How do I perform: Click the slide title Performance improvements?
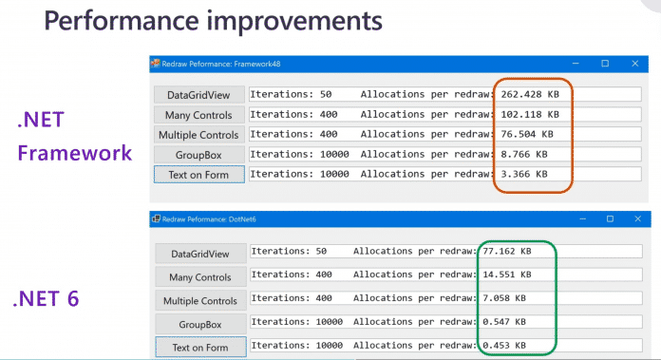tap(203, 21)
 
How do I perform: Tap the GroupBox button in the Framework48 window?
tap(198, 154)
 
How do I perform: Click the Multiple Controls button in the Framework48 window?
tap(198, 134)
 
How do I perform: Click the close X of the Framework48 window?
tap(634, 64)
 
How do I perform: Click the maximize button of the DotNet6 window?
tap(605, 219)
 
